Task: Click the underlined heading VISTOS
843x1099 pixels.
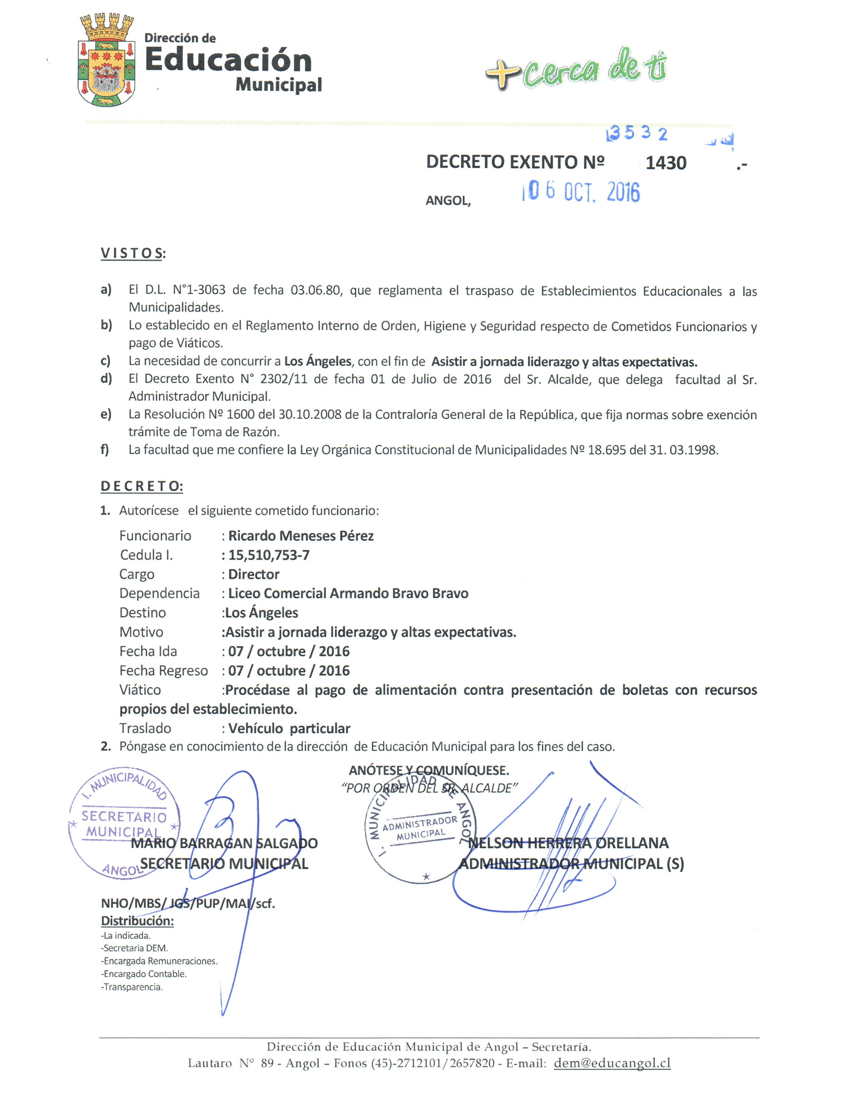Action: tap(132, 253)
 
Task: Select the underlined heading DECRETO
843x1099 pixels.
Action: tap(142, 486)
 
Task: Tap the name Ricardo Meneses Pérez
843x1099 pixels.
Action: tap(301, 536)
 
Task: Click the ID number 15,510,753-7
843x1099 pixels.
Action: tap(269, 555)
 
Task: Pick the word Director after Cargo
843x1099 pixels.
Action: tap(253, 574)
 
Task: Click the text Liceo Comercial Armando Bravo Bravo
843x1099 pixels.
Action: tap(348, 593)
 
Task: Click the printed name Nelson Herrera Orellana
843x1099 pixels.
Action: tap(568, 843)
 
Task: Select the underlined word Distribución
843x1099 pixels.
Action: tap(137, 921)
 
